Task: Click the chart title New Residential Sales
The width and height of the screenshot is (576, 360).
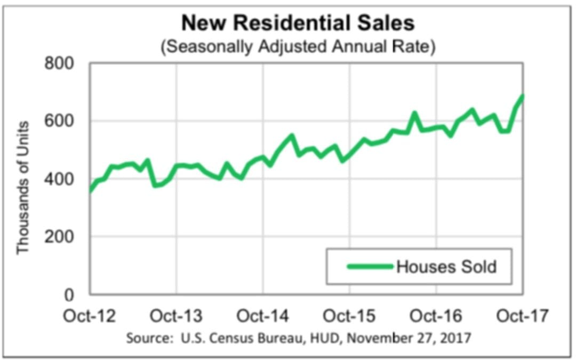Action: [298, 24]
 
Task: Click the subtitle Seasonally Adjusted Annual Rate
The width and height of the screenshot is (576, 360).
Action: [298, 46]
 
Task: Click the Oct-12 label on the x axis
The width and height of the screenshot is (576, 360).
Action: [90, 316]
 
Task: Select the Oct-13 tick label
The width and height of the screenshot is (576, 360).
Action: [176, 316]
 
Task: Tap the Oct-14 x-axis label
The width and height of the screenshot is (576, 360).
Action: [263, 316]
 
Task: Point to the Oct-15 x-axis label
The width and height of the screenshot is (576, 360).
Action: [349, 316]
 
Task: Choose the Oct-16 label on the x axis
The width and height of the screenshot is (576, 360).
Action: [436, 316]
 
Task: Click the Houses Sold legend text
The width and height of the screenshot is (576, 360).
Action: [446, 266]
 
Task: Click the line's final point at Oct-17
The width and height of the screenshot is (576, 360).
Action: [523, 95]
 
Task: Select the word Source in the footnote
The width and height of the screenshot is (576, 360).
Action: [143, 338]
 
